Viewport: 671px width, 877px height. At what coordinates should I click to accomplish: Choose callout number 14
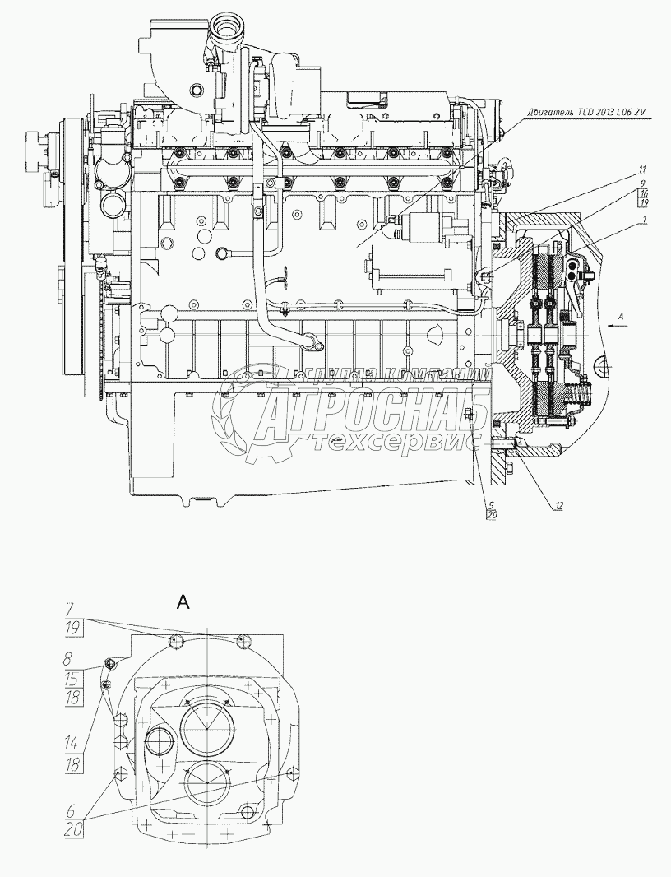[73, 744]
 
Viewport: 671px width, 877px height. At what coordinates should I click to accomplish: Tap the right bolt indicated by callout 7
[241, 641]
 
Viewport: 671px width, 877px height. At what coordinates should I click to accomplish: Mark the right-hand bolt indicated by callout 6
[290, 773]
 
